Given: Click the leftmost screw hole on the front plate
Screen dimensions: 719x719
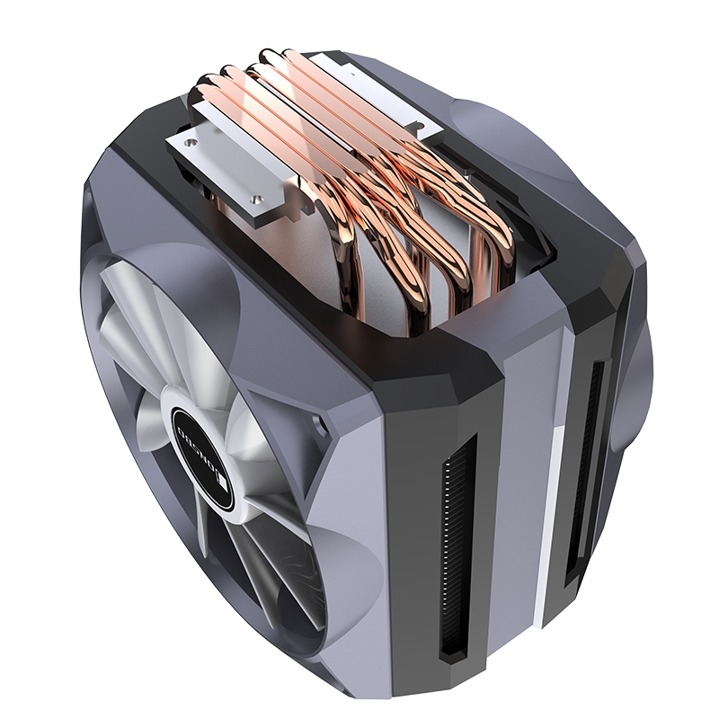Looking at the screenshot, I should tap(190, 141).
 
